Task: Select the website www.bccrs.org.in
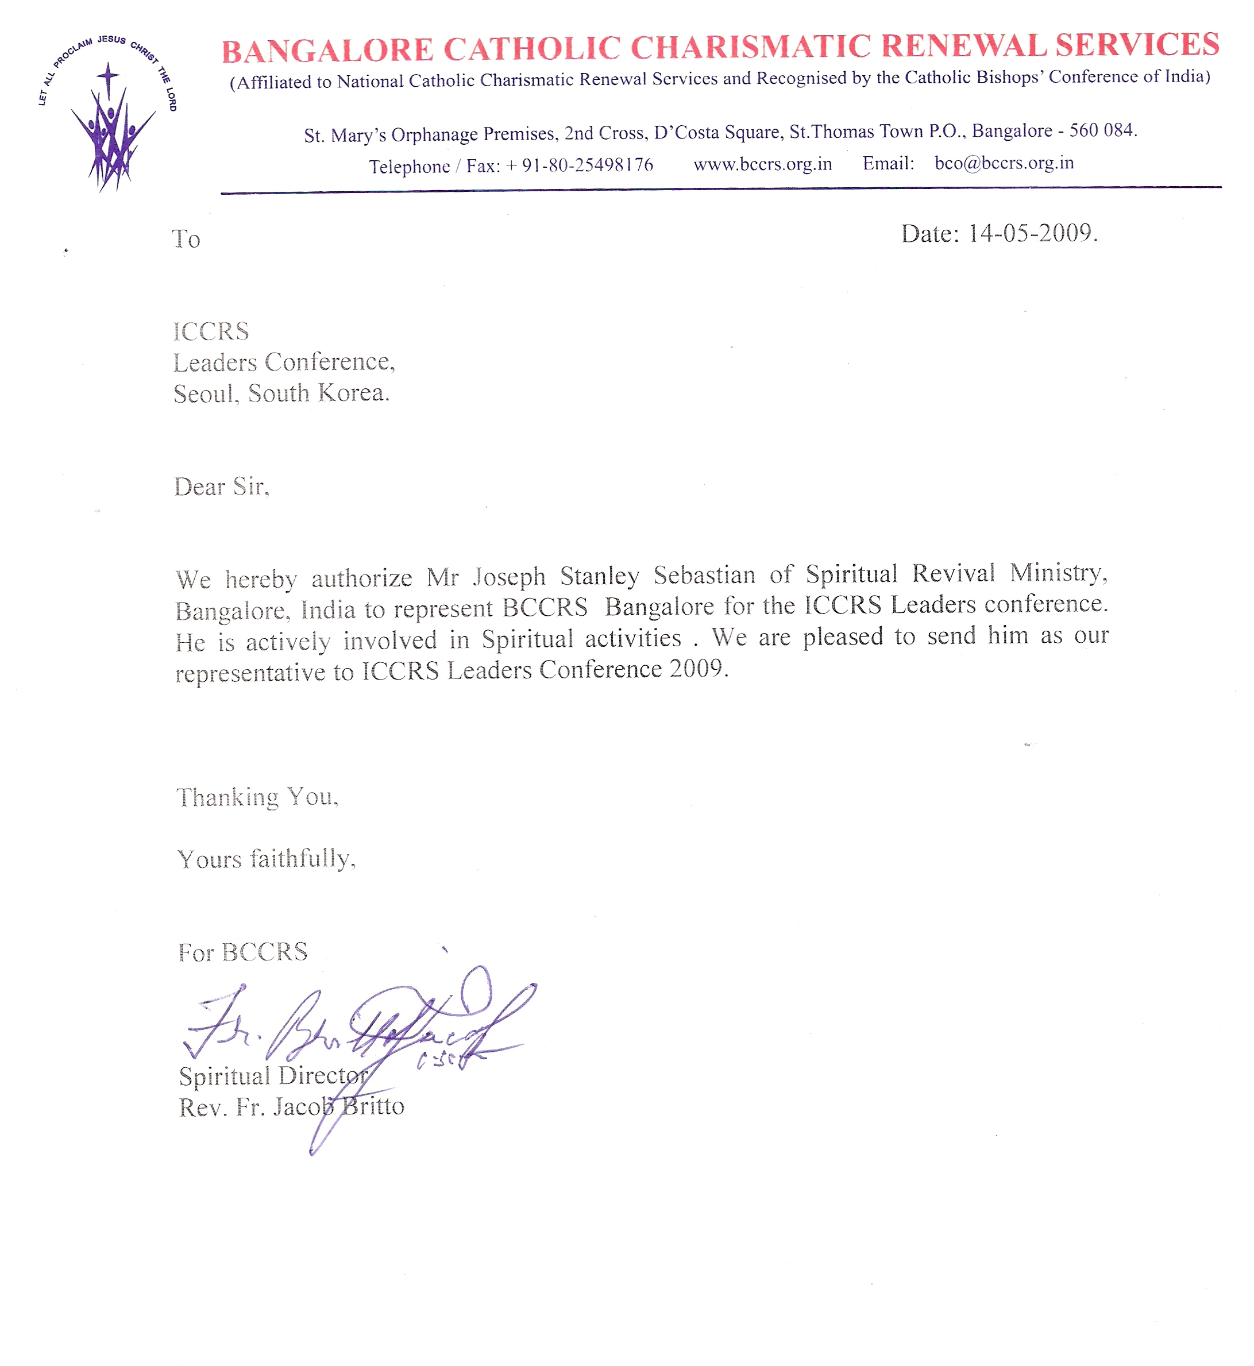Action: [x=762, y=164]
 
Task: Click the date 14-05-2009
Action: [x=1032, y=233]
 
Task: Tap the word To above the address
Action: [x=186, y=239]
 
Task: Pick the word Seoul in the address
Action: [x=205, y=393]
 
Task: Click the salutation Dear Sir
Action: [x=221, y=487]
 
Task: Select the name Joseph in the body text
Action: [x=509, y=577]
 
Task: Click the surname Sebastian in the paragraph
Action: [x=704, y=576]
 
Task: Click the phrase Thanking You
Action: [x=257, y=797]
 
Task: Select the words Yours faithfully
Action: [x=265, y=859]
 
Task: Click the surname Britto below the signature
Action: [x=373, y=1106]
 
